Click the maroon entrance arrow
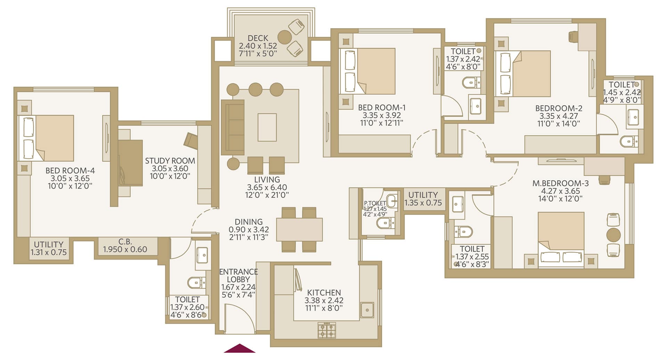[x=239, y=348]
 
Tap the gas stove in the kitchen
[x=327, y=330]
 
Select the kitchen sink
[x=367, y=310]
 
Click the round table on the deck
[x=284, y=37]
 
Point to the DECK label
[x=258, y=38]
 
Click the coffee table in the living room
[x=267, y=127]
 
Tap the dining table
[x=299, y=229]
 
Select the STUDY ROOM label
[x=170, y=161]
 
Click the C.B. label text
[x=125, y=241]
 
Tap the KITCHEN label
[x=324, y=293]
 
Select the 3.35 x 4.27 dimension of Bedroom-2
[x=559, y=116]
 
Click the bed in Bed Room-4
[x=46, y=138]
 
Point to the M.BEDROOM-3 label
[x=560, y=183]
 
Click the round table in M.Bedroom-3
[x=613, y=235]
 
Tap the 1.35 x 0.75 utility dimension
[x=423, y=203]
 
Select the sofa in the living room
[x=233, y=127]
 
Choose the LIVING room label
[x=267, y=180]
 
